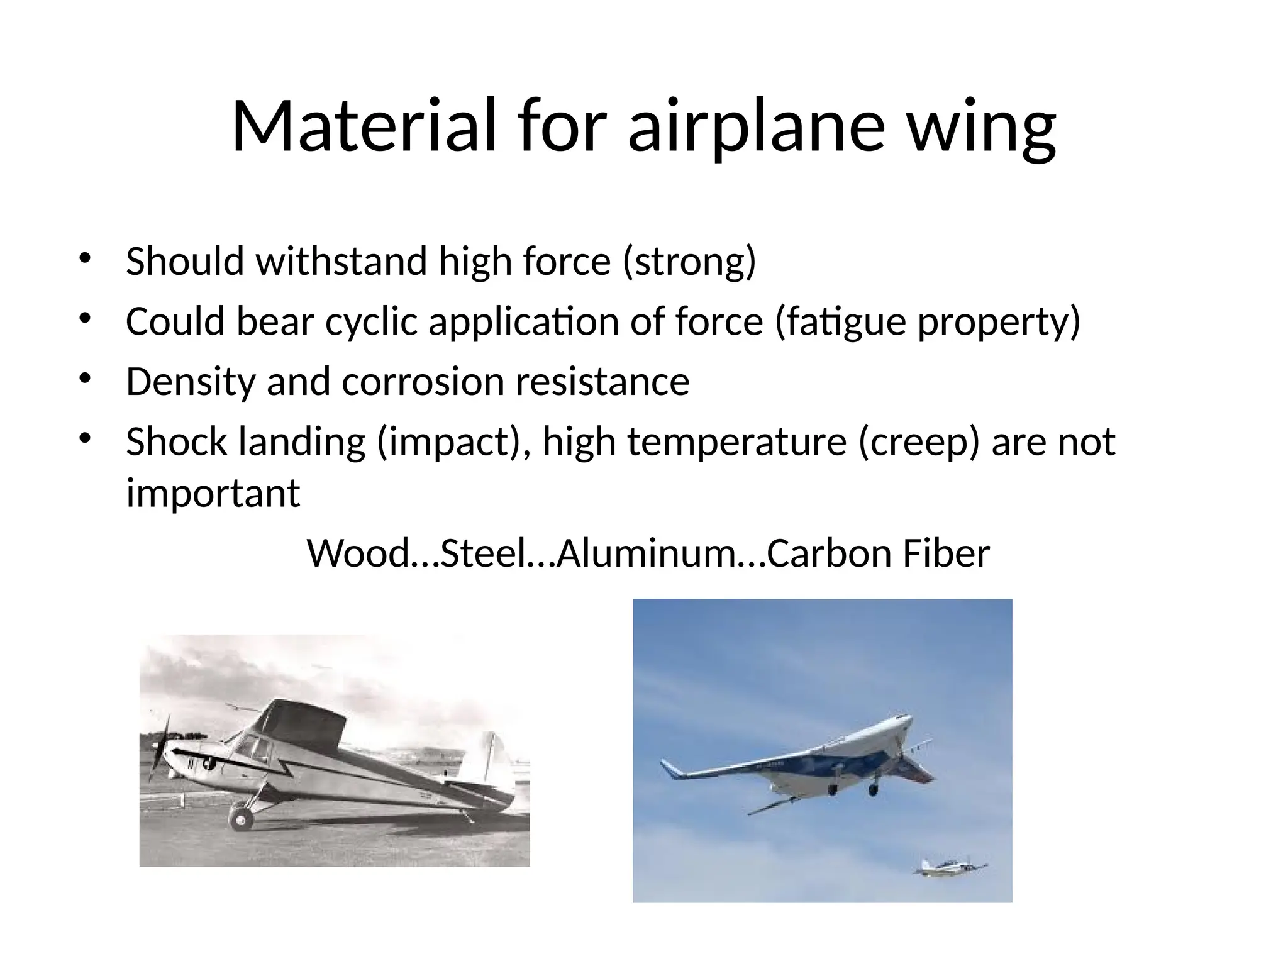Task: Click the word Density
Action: click(190, 382)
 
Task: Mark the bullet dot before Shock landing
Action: click(86, 438)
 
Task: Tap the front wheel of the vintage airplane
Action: click(240, 818)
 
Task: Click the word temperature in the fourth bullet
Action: click(736, 441)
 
